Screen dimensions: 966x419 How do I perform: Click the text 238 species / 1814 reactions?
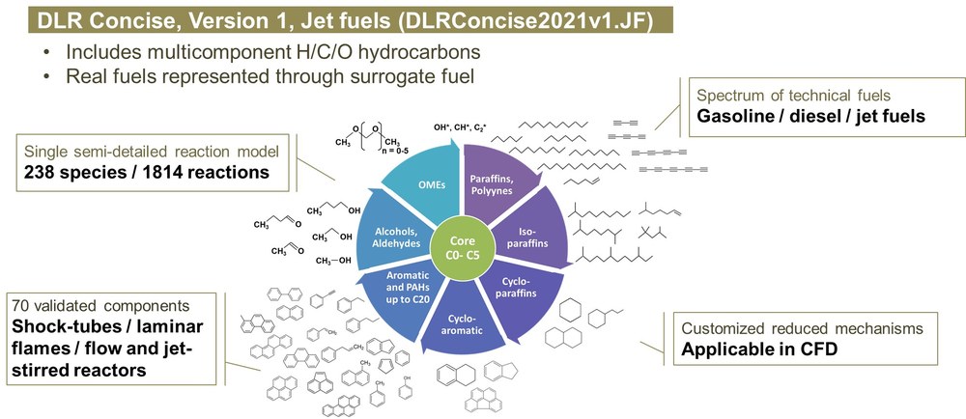[147, 172]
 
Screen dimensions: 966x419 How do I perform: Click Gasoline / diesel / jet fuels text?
[810, 115]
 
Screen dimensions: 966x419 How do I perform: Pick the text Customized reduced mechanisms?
[802, 328]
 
